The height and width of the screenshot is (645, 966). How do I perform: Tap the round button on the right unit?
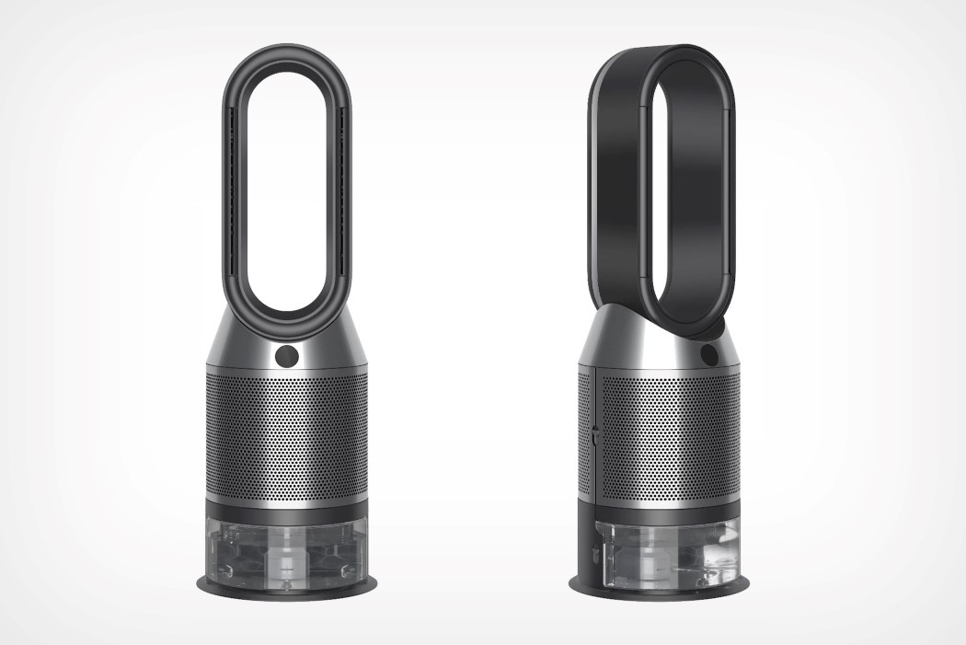click(708, 353)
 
